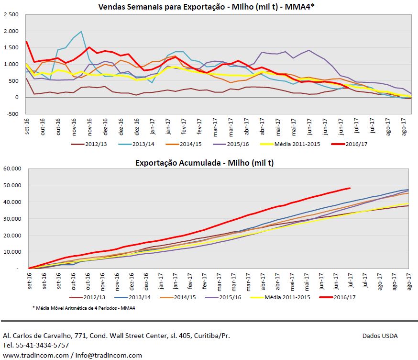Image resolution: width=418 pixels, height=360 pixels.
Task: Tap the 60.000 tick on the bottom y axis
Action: click(x=13, y=169)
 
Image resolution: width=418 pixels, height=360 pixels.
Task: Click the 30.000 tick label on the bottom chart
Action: click(x=13, y=219)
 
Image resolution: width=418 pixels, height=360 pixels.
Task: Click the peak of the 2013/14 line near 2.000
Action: click(x=81, y=32)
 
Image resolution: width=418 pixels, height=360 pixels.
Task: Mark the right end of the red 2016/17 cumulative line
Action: click(x=350, y=188)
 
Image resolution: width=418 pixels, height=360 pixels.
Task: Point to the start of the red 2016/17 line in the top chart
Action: click(x=26, y=42)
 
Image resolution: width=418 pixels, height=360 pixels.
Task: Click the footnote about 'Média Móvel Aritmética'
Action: click(x=83, y=308)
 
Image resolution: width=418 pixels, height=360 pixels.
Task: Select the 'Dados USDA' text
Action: click(x=380, y=336)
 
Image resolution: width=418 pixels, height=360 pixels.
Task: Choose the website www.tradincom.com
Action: click(x=35, y=355)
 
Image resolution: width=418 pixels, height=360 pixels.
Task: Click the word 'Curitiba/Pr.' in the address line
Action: click(x=210, y=336)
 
